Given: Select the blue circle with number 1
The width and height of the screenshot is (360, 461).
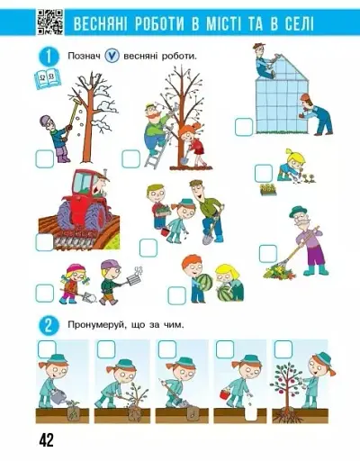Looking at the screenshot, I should (x=47, y=57).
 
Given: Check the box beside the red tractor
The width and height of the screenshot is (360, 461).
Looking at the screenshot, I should (x=44, y=241).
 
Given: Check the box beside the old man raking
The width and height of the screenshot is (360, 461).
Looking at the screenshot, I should (x=268, y=253).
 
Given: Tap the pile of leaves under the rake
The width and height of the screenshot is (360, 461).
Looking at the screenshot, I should (x=274, y=270).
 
